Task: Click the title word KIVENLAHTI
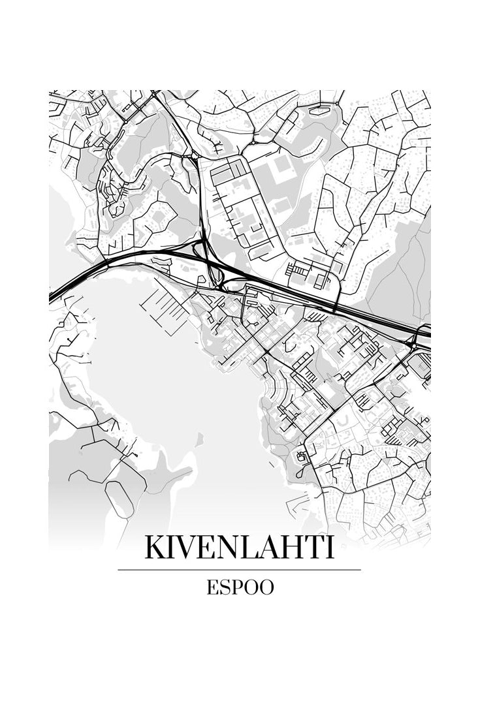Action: pos(239,547)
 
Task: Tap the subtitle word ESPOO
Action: pos(240,587)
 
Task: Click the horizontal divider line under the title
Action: pos(239,570)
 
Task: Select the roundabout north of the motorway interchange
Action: pos(194,156)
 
